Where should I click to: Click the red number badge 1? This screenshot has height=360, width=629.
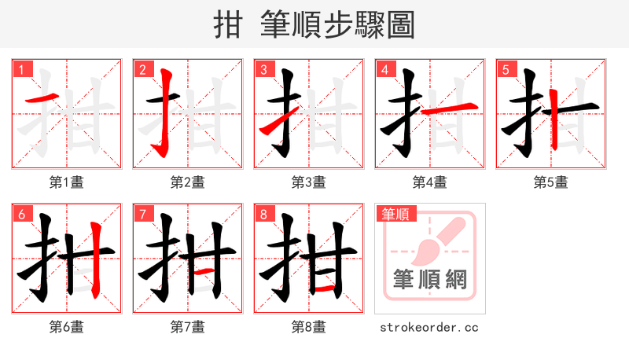click(22, 69)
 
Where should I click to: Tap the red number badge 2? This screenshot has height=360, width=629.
click(143, 69)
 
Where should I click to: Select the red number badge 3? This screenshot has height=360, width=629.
click(264, 69)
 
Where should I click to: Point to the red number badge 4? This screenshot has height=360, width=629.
click(385, 69)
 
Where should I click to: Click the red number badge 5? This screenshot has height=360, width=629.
click(506, 69)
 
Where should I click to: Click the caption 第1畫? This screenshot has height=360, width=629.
click(67, 182)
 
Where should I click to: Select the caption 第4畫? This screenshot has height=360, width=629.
click(430, 182)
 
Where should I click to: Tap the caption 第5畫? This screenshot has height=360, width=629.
click(551, 182)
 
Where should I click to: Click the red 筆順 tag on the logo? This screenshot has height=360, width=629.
click(395, 214)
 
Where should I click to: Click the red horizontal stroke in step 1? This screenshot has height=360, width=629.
click(40, 100)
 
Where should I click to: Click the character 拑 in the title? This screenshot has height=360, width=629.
click(227, 24)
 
